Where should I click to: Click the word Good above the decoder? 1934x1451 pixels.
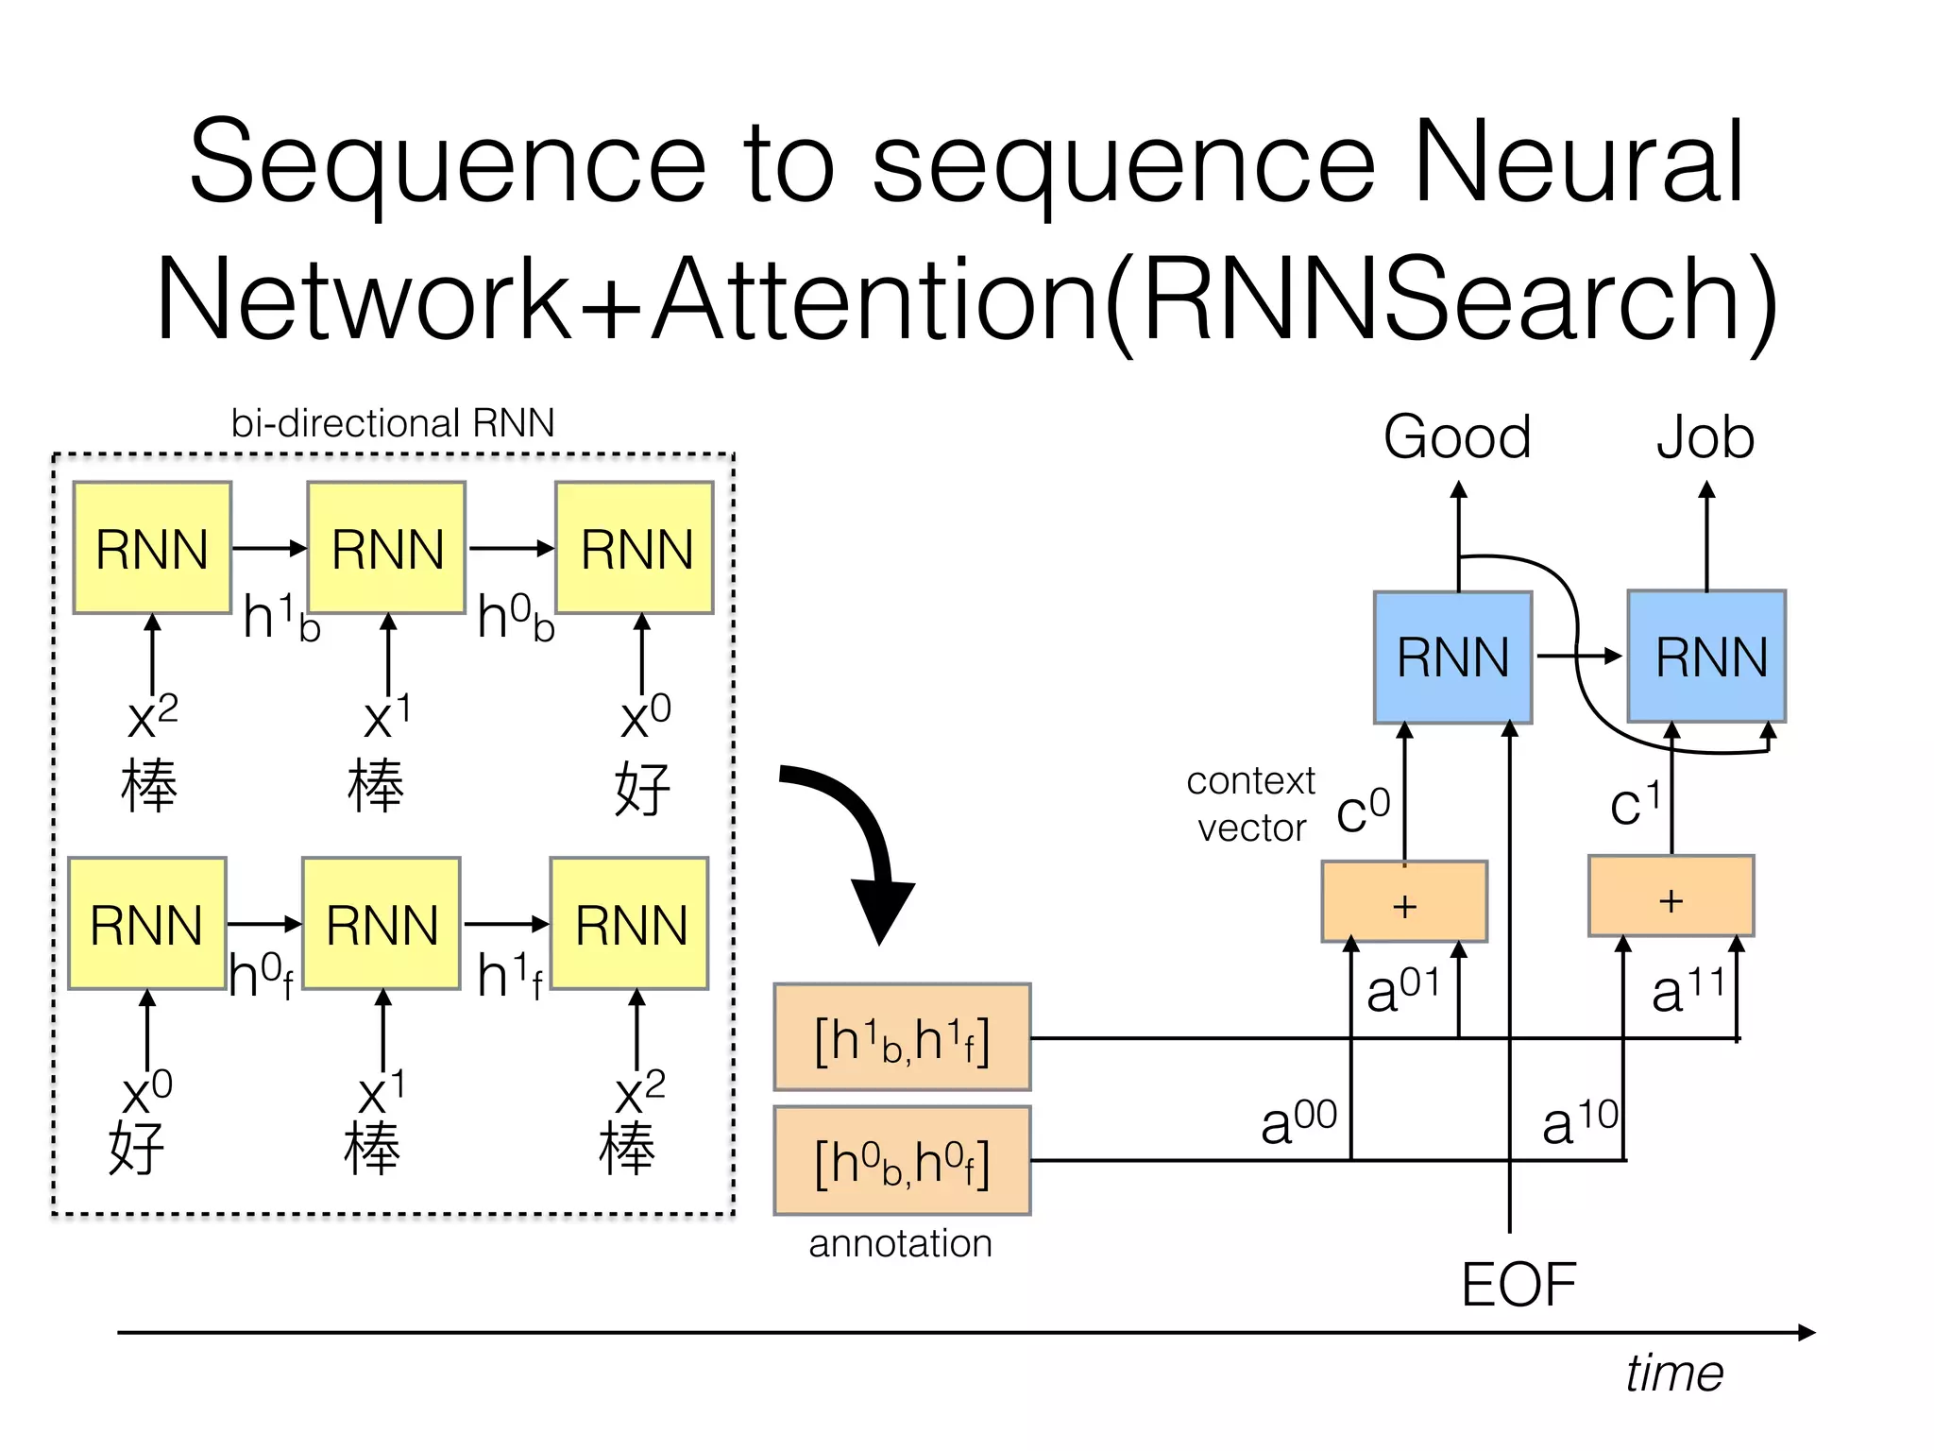(x=1457, y=437)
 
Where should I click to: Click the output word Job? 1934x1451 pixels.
(x=1705, y=437)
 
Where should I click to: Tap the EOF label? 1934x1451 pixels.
(x=1518, y=1285)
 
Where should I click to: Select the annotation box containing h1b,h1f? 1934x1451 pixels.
(x=902, y=1037)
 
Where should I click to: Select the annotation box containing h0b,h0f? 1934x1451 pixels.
(x=902, y=1160)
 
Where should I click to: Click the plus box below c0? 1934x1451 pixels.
(x=1404, y=902)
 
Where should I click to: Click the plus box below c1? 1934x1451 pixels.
(x=1671, y=896)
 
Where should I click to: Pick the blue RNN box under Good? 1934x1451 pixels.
(x=1452, y=657)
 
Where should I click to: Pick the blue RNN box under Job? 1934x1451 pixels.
(x=1706, y=657)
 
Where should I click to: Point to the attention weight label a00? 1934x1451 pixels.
(x=1298, y=1122)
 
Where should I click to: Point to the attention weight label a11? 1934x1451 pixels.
(x=1688, y=990)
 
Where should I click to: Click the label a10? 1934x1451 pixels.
(x=1580, y=1122)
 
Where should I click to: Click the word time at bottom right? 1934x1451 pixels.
(x=1673, y=1373)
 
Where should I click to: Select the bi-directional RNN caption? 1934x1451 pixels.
(x=393, y=423)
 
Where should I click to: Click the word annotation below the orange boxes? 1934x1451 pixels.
(x=900, y=1243)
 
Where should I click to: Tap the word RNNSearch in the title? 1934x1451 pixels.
(x=1441, y=300)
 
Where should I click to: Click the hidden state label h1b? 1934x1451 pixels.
(x=281, y=617)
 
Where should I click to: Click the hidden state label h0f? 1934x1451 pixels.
(x=261, y=975)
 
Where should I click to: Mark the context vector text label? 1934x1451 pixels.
(x=1250, y=804)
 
